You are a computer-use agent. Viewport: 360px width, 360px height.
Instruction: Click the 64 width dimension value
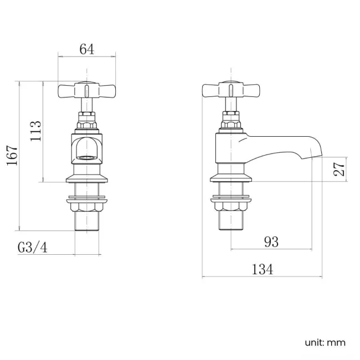click(86, 49)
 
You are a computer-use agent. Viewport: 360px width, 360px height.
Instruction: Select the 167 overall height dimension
click(13, 156)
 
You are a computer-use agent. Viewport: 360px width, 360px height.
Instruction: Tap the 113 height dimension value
click(36, 131)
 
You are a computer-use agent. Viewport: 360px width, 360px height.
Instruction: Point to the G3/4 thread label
click(33, 248)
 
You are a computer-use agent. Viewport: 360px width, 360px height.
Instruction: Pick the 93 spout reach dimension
click(271, 242)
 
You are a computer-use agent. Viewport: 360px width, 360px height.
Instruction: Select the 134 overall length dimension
click(262, 269)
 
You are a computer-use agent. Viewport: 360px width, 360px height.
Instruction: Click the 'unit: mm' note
click(325, 342)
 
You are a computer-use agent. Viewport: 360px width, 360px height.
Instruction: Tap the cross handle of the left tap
click(87, 90)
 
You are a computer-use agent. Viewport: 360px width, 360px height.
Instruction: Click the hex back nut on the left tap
click(87, 207)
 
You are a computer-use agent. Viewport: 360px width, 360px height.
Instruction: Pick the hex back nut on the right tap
click(232, 207)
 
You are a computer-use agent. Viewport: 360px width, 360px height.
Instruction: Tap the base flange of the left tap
click(87, 178)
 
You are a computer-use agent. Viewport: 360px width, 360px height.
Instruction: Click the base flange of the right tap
click(232, 178)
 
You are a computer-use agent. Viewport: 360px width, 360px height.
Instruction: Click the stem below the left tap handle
click(87, 105)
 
